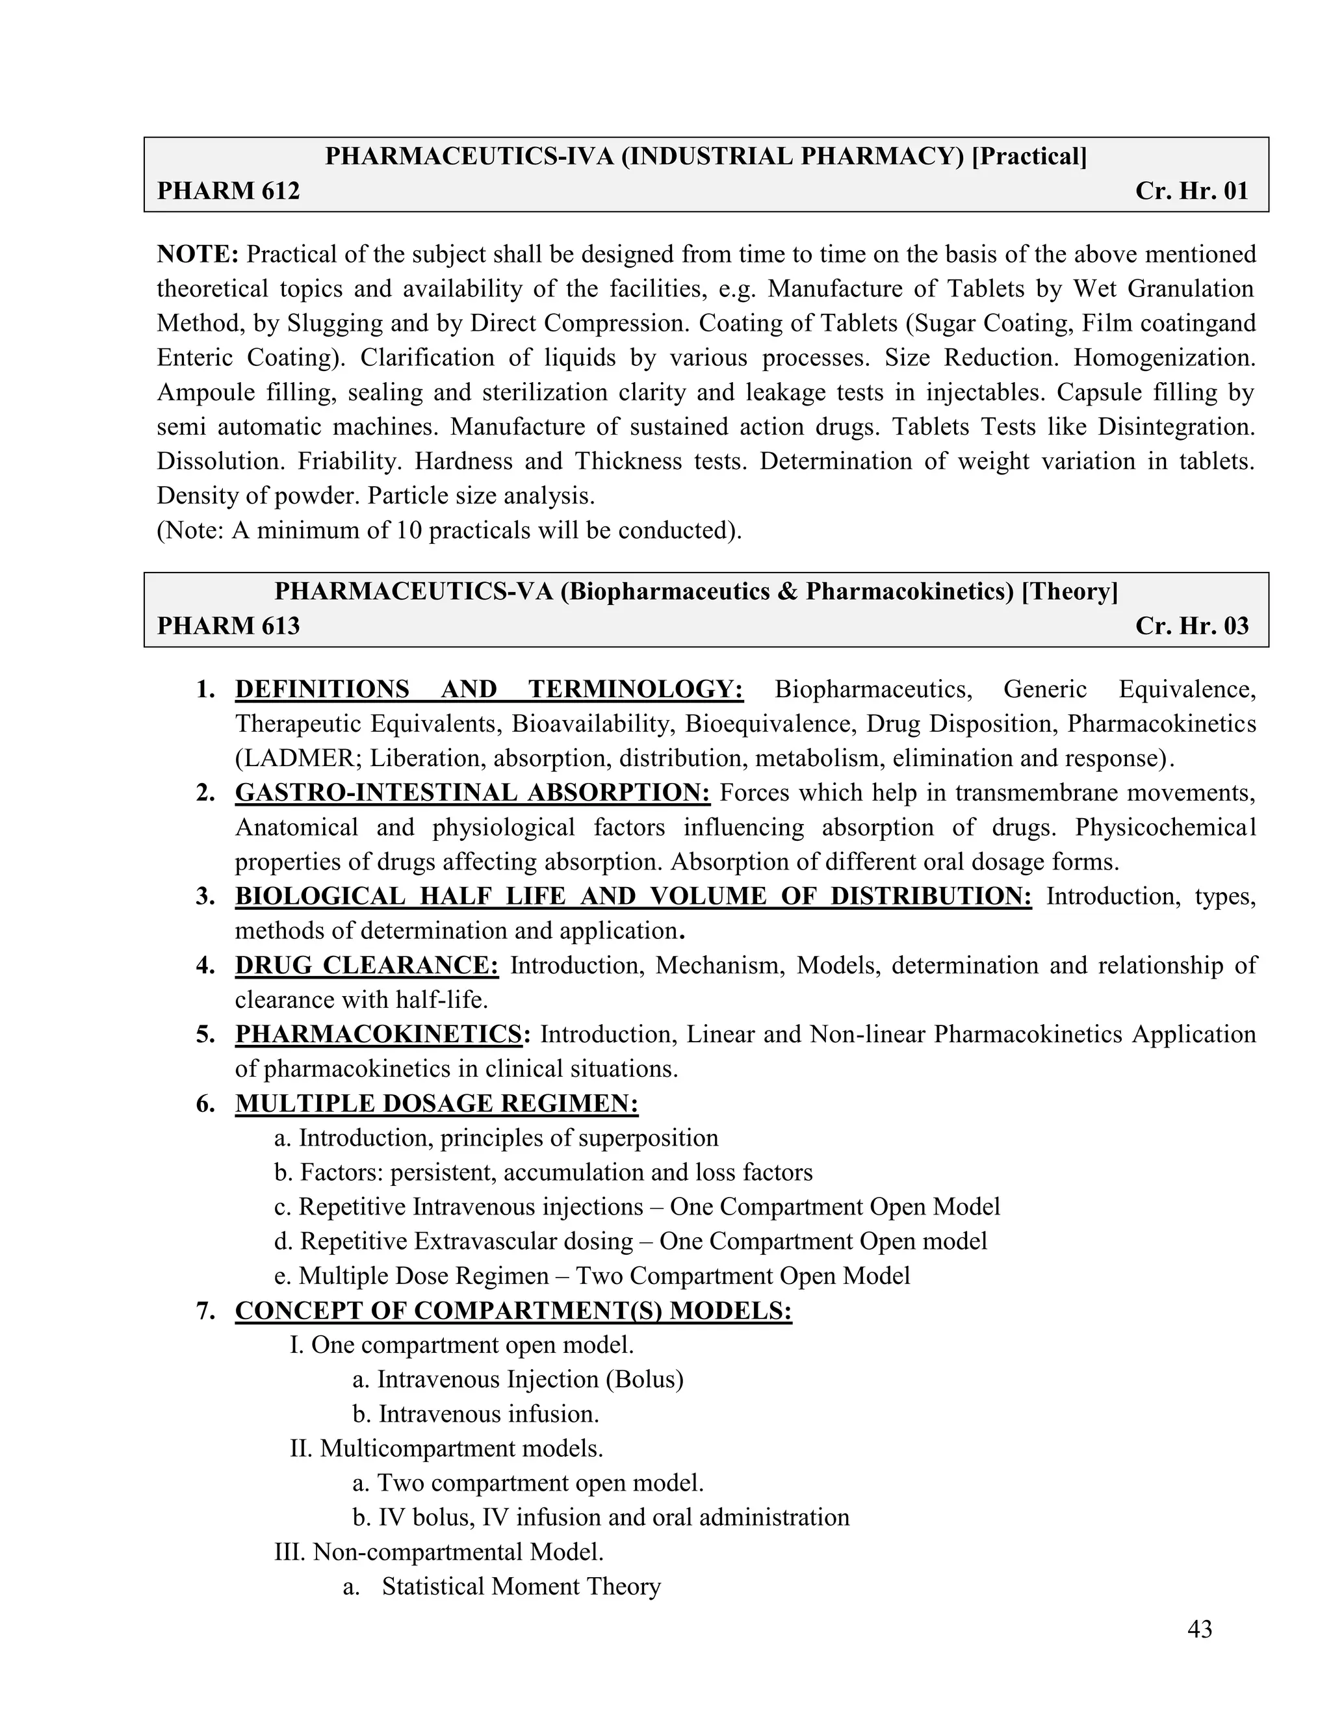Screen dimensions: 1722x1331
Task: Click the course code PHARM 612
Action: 228,191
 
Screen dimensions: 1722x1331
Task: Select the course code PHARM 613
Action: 228,626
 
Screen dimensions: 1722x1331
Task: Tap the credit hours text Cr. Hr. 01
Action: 1191,191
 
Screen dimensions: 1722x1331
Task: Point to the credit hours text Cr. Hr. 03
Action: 1191,626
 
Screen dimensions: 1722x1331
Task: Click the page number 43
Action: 1199,1629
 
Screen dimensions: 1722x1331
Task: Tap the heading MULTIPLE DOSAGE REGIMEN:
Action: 437,1103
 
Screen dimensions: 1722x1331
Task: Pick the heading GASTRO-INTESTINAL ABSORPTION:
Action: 472,792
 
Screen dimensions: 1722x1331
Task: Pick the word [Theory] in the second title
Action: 1069,591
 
